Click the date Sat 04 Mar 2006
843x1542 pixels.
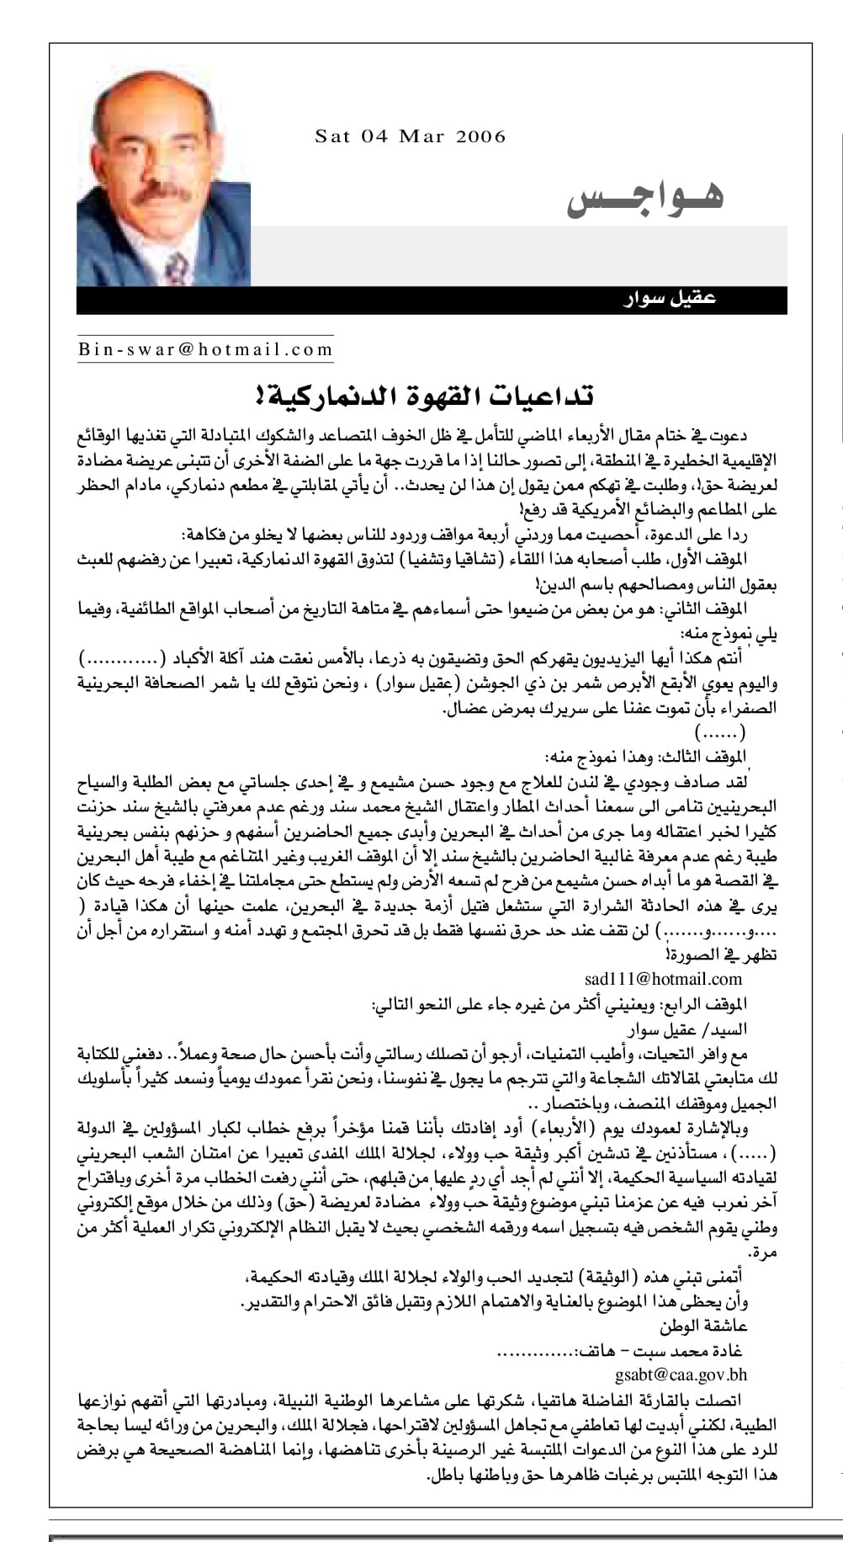[x=411, y=136]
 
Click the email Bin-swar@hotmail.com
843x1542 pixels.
[x=206, y=348]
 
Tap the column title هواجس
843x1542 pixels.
[x=646, y=195]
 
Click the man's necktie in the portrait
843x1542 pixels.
[x=177, y=268]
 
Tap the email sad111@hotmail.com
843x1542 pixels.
[x=663, y=978]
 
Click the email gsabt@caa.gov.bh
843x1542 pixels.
[x=681, y=1375]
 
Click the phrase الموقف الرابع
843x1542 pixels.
[x=713, y=1005]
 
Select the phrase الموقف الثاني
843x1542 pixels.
[x=713, y=609]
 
